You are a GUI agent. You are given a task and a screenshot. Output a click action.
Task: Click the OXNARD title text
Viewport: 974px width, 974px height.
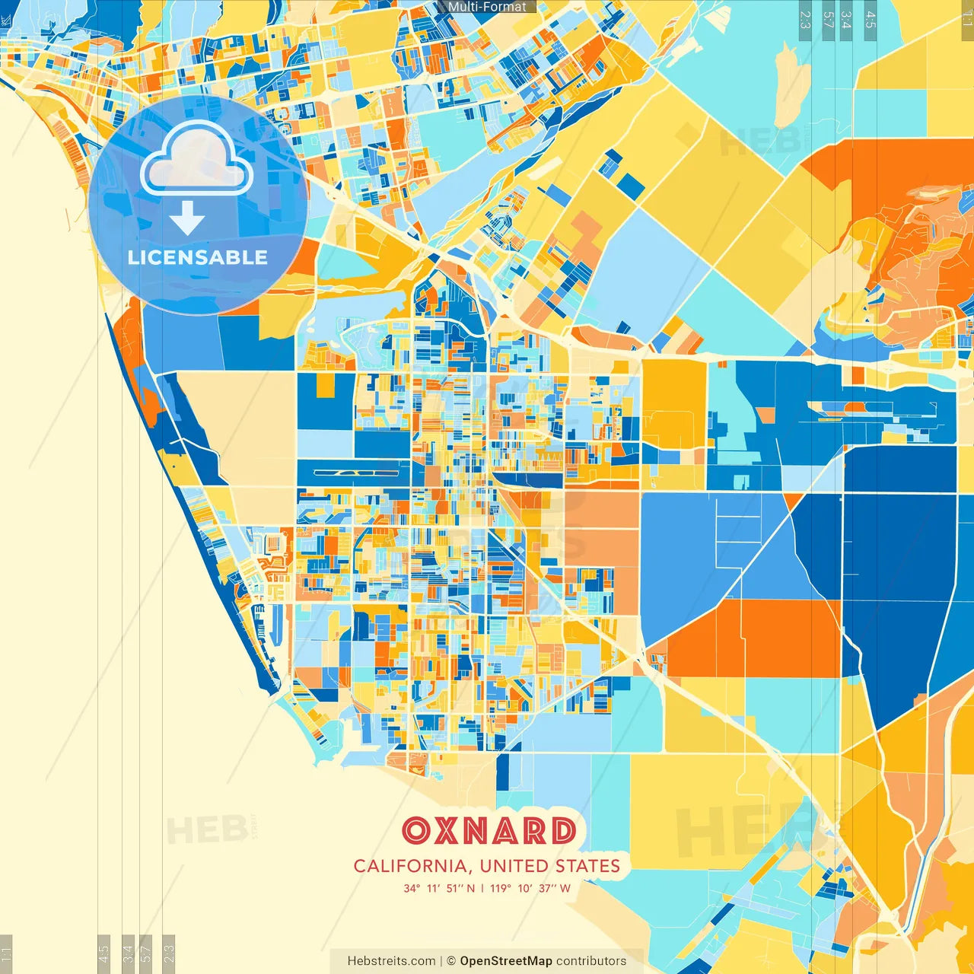coord(489,831)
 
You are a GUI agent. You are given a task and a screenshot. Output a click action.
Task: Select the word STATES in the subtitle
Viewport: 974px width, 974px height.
coord(587,866)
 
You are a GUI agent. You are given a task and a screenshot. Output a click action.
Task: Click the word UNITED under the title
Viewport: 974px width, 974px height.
coord(515,866)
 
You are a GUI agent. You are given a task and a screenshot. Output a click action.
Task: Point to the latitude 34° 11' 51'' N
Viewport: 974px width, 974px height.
coord(439,888)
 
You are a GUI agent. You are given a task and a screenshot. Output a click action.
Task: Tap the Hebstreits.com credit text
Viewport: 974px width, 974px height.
coord(391,961)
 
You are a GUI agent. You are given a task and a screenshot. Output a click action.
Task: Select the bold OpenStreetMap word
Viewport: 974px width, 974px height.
coord(506,961)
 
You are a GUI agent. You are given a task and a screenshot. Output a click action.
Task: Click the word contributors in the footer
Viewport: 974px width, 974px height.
coord(591,961)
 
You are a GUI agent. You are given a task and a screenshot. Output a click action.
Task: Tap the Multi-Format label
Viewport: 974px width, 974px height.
coord(487,7)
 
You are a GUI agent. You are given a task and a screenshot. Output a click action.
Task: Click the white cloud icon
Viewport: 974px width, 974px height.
coord(196,160)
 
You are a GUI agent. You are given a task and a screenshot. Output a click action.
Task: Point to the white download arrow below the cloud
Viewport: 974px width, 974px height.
coord(187,218)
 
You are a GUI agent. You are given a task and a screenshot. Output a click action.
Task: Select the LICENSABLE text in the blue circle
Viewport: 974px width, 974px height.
coord(198,257)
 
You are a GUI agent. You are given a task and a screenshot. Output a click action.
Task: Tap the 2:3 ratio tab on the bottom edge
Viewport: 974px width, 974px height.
coord(169,953)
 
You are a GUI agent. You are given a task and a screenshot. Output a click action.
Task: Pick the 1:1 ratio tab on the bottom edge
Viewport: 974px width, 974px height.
coord(6,953)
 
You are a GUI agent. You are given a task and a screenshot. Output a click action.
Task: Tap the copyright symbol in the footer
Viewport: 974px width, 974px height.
coord(451,961)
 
